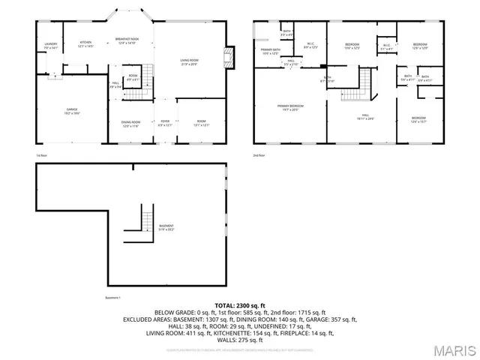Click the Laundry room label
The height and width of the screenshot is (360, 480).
coord(51,46)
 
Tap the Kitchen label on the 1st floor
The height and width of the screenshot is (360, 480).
coord(85,43)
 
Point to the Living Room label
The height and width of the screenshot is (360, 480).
coord(188,61)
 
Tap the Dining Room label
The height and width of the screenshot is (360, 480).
coord(131,124)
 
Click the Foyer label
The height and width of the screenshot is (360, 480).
coord(164,124)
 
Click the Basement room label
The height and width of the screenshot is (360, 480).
coord(166,227)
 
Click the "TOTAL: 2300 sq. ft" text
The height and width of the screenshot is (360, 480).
coord(239,306)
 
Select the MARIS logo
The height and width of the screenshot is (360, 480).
coord(453,350)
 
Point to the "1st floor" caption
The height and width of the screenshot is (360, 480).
coord(42,155)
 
